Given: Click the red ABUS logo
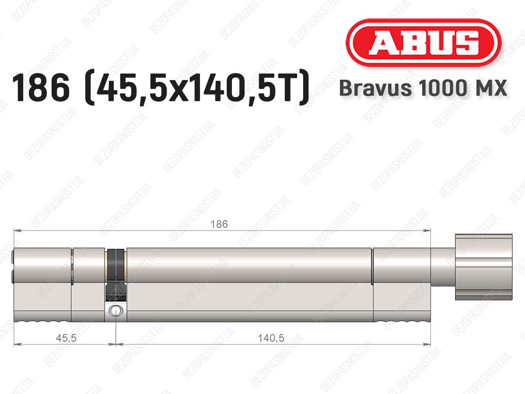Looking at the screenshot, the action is tap(423, 42).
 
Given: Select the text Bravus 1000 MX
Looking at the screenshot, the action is tap(423, 88).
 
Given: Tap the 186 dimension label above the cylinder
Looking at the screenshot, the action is tap(219, 225).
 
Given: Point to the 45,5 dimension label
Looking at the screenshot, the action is tap(66, 338).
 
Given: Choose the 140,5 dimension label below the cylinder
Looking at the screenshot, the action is tap(271, 338).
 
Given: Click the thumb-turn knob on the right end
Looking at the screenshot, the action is tap(483, 267).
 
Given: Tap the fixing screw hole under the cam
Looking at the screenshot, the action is tap(116, 311).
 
